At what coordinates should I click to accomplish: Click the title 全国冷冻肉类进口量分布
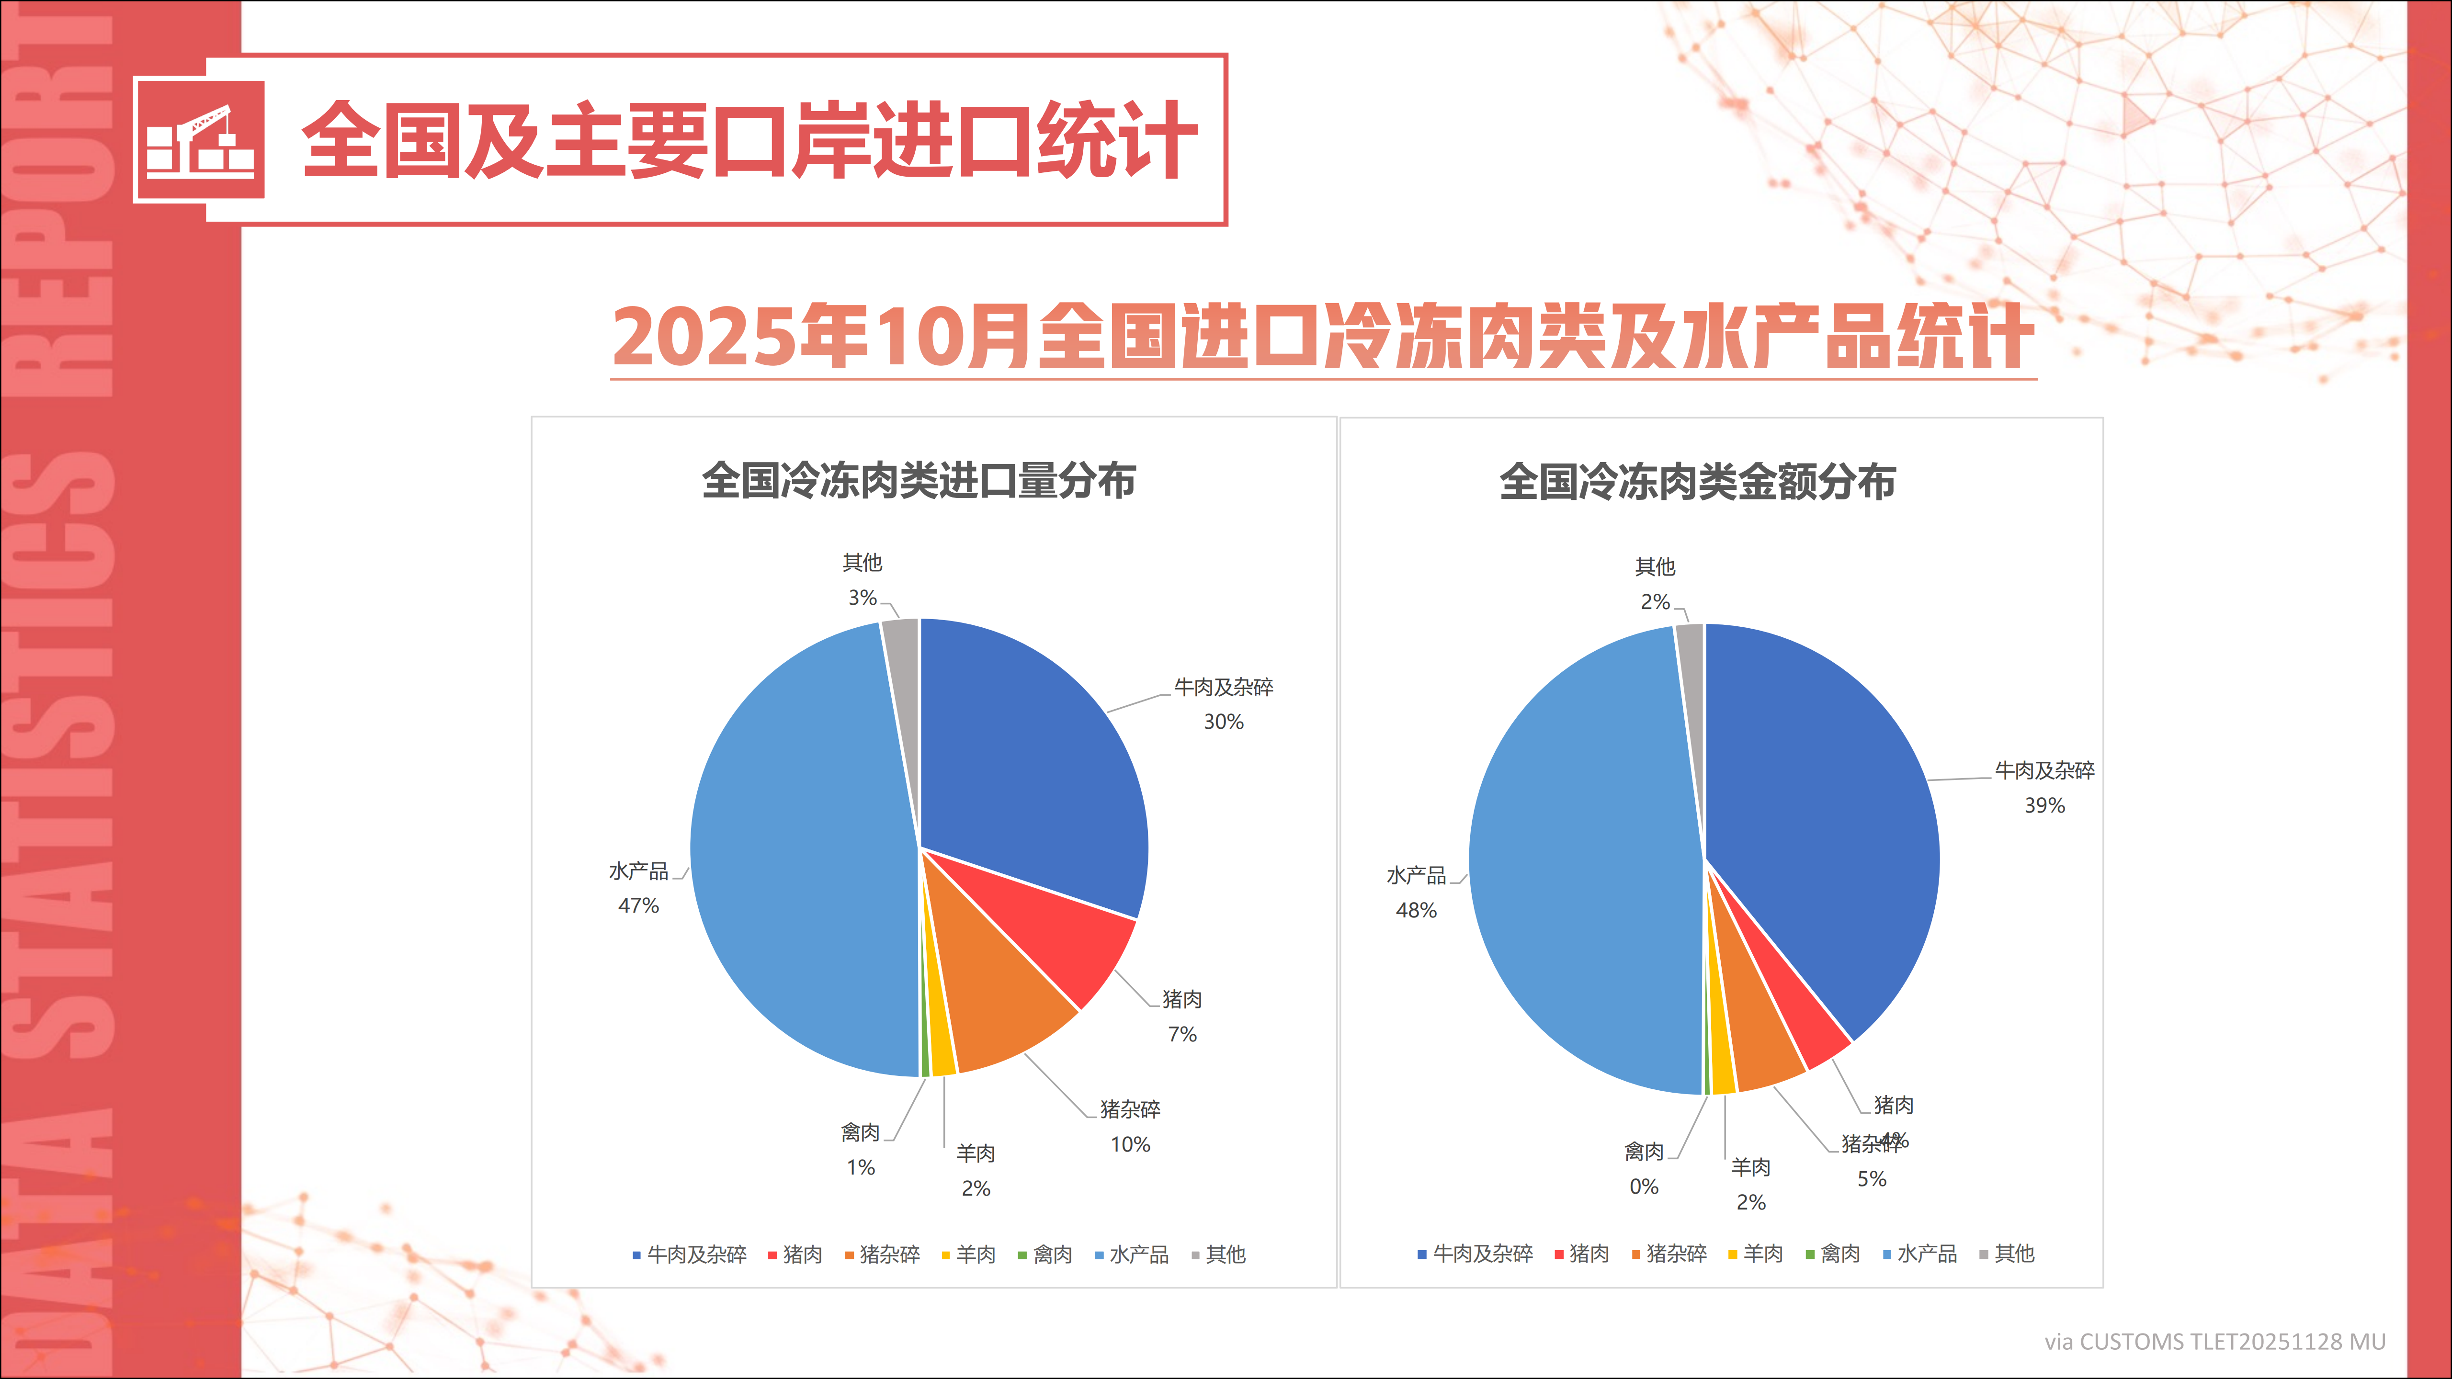click(919, 481)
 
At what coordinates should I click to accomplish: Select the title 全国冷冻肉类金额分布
click(1697, 483)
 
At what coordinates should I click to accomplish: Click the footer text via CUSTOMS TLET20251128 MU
click(2214, 1342)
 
